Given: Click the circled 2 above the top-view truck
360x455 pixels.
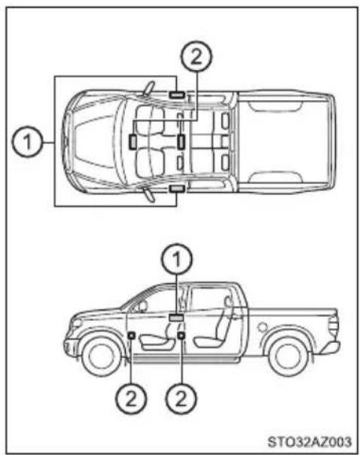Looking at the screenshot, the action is pos(197,56).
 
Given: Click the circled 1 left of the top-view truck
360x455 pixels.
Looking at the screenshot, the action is pos(27,142).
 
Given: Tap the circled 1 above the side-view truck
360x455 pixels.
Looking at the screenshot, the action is pos(177,259).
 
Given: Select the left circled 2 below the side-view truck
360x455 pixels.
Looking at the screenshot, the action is pos(131,398).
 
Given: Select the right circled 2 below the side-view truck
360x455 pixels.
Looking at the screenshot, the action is pos(181,398).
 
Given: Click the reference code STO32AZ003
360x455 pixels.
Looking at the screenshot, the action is pos(310,442).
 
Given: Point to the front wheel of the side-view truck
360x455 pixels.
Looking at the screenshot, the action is pos(101,356).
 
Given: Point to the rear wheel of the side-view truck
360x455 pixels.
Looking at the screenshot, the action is pos(288,356).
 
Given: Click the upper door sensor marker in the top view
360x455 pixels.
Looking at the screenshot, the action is pos(177,94).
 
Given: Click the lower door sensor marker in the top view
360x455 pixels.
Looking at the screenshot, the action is pos(177,189).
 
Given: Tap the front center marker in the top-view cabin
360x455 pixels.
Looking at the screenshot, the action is pos(133,142).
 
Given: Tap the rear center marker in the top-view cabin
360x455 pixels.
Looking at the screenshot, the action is pos(181,142).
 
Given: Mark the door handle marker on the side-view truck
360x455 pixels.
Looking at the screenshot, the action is pos(176,318).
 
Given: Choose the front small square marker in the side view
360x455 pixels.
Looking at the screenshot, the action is pos(131,335).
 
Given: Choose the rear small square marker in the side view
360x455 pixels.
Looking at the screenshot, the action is pos(181,335).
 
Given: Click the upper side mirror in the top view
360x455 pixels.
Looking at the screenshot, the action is pos(149,88).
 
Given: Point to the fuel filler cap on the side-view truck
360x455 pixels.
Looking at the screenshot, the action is pos(262,327).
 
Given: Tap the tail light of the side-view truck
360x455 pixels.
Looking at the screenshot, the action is pos(334,326).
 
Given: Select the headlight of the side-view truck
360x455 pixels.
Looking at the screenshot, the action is pos(76,323).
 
